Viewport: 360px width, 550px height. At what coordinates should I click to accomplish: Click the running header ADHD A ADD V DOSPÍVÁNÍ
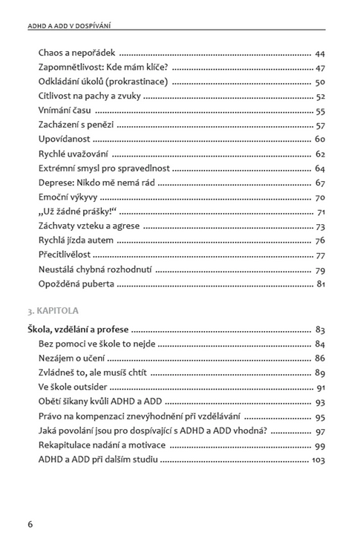click(x=74, y=27)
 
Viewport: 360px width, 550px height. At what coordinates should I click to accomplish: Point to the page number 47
click(x=320, y=68)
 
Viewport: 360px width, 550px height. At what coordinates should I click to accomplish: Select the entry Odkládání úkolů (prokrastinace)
click(x=102, y=82)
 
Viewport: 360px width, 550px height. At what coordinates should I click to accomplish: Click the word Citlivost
click(x=54, y=96)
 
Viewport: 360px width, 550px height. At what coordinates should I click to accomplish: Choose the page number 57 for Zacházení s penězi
click(x=320, y=125)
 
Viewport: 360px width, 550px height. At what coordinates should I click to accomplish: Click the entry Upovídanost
click(x=65, y=140)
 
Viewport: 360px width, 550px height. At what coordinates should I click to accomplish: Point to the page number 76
click(x=320, y=240)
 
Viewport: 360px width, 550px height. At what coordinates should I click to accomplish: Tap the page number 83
click(x=320, y=330)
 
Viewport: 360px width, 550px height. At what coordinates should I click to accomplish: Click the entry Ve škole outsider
click(x=73, y=387)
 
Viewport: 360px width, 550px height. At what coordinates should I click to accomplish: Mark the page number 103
click(x=318, y=459)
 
